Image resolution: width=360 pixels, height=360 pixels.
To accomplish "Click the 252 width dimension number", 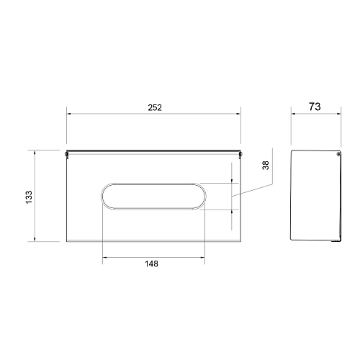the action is (155, 107).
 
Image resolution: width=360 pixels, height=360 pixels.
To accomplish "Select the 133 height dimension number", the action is (29, 197).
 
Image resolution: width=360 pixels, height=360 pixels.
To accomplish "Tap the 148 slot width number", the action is (151, 264).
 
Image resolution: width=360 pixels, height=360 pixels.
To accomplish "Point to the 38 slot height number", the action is (266, 166).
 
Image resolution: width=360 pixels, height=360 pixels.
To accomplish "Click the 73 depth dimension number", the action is (315, 107).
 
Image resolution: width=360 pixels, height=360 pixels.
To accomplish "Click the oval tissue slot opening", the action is (153, 184).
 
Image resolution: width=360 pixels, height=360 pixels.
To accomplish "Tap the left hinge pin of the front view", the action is (66, 154).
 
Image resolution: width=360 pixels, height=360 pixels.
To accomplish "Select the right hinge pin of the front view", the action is (240, 154).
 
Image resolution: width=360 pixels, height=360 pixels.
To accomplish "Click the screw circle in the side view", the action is (338, 154).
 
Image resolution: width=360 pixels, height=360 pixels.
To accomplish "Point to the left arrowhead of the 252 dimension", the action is (69, 114).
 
